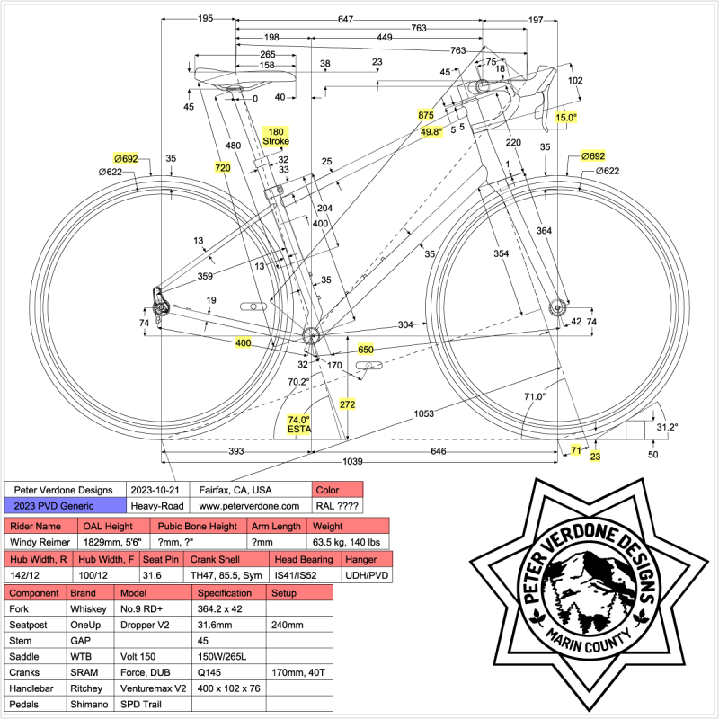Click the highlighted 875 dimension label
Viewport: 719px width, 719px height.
[x=426, y=116]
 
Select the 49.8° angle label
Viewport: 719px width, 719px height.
[x=431, y=131]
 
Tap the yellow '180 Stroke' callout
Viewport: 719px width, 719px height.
[x=276, y=137]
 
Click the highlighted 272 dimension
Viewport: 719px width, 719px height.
[x=348, y=404]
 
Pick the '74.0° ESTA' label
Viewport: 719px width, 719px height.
[x=298, y=424]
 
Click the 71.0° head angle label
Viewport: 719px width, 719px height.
[x=535, y=395]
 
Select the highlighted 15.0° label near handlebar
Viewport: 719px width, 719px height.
[x=566, y=118]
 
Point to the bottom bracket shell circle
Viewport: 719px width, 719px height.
[x=311, y=335]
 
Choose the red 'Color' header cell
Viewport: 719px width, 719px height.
[x=337, y=489]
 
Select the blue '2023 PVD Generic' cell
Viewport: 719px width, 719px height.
[x=63, y=506]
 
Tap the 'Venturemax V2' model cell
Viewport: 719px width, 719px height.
[x=154, y=688]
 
